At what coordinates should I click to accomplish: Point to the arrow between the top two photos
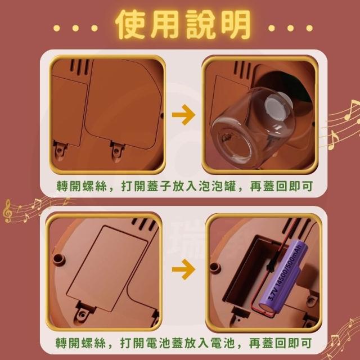pos(183,115)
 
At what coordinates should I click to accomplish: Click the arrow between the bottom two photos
pos(183,269)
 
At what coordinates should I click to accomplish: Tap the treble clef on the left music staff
pos(7,210)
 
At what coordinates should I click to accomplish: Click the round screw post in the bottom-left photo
pos(59,259)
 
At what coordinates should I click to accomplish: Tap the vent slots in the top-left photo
pos(79,66)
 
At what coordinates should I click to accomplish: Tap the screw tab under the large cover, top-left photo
pos(118,151)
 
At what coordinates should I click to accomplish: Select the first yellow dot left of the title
pos(56,28)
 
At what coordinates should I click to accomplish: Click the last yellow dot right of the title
pos(309,28)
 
